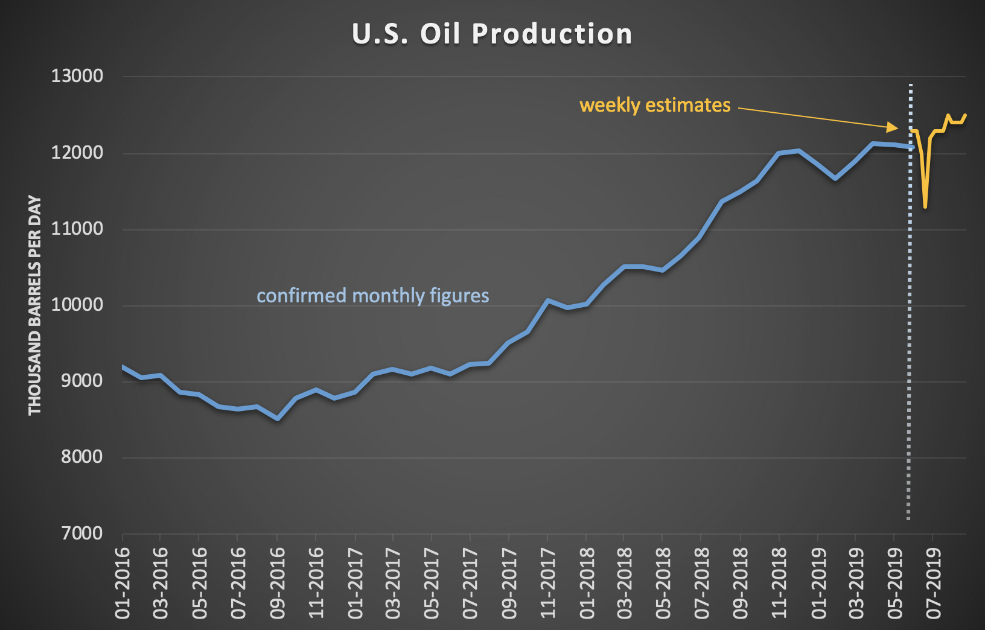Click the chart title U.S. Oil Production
click(492, 34)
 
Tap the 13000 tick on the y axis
click(77, 76)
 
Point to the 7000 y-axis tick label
click(81, 533)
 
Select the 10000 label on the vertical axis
click(77, 305)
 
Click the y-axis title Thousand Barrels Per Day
click(35, 305)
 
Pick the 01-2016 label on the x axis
click(123, 583)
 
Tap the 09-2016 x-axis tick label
click(277, 583)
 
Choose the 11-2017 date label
click(547, 583)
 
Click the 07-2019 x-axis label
click(934, 583)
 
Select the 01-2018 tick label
click(586, 583)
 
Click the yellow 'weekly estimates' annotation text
click(655, 105)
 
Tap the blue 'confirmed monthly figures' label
click(372, 296)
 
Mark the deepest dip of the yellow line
click(925, 207)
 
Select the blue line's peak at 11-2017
click(547, 300)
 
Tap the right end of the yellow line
click(966, 115)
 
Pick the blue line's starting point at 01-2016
click(123, 366)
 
